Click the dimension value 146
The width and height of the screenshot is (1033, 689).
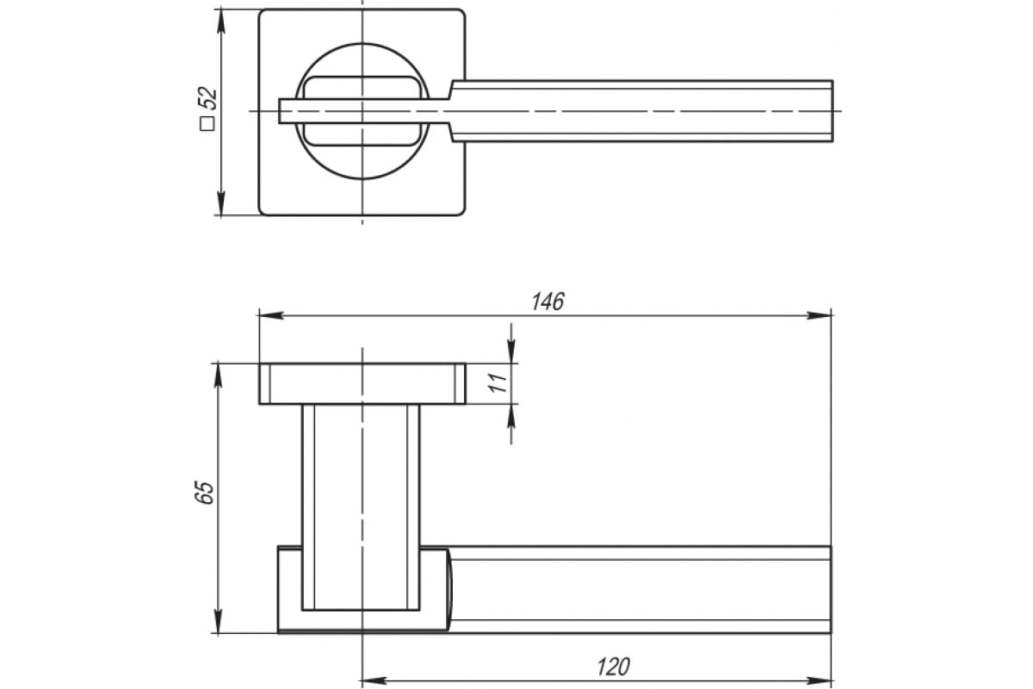click(x=547, y=301)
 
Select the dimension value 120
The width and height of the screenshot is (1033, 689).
click(x=613, y=667)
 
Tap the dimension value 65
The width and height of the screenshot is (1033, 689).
click(x=204, y=493)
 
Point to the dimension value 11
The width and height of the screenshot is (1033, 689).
click(x=498, y=382)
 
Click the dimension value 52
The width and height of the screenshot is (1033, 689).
click(x=207, y=98)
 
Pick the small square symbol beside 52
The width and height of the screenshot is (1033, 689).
click(x=207, y=124)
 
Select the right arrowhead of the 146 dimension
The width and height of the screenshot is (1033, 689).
click(x=819, y=316)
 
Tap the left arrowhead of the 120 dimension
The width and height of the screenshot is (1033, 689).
click(x=374, y=680)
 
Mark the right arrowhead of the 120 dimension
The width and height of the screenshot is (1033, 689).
click(x=819, y=680)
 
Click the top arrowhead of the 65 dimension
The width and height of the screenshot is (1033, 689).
click(x=218, y=376)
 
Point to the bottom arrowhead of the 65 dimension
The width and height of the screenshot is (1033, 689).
click(x=218, y=621)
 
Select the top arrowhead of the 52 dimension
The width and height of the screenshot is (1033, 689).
click(x=221, y=22)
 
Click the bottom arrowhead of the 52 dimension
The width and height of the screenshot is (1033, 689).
click(x=221, y=203)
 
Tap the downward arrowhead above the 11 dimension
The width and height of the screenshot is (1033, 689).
click(x=511, y=351)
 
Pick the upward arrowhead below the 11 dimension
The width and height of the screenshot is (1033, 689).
click(x=511, y=416)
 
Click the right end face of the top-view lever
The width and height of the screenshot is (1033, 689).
click(x=832, y=111)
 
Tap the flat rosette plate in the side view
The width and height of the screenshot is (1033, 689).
click(x=362, y=384)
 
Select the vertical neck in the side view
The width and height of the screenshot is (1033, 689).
click(x=361, y=507)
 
